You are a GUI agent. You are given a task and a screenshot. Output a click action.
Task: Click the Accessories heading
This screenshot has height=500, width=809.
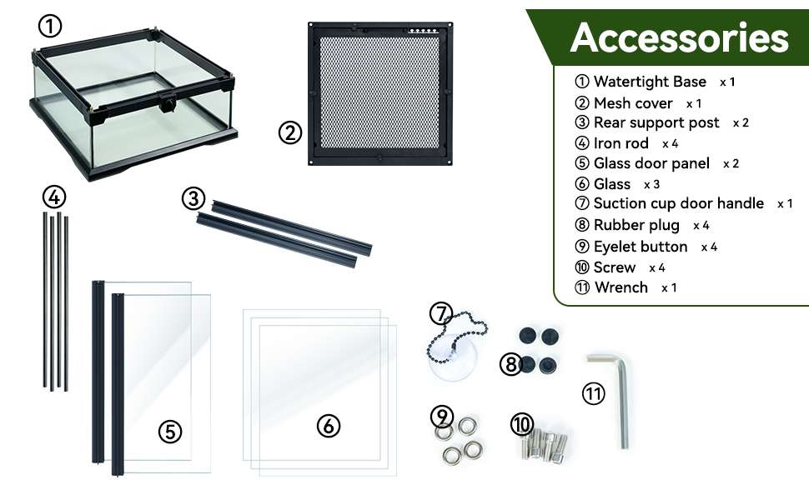coord(680,37)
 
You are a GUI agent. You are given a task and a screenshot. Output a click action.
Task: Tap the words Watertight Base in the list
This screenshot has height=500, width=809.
coord(650,82)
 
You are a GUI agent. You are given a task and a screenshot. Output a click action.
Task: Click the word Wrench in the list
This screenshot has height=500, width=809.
coord(621,287)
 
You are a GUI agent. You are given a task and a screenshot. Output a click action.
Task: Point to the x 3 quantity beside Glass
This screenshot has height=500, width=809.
coord(651,184)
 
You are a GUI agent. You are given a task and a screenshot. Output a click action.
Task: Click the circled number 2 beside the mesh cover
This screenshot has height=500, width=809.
coord(290,132)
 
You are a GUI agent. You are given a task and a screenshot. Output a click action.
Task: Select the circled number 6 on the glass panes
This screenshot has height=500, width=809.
coord(328,426)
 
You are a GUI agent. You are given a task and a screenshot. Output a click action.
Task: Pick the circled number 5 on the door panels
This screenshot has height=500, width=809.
coord(170,431)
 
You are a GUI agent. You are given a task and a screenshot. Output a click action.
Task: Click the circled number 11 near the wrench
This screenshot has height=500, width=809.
coord(593,394)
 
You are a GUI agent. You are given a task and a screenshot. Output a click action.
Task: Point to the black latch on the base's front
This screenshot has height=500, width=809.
coord(167,103)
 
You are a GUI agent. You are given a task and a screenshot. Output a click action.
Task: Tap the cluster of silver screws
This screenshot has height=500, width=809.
coord(546,443)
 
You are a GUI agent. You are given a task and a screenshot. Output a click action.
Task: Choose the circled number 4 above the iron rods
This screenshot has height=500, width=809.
coord(54,197)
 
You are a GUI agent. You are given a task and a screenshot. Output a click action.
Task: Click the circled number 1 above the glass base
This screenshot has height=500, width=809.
coord(50,25)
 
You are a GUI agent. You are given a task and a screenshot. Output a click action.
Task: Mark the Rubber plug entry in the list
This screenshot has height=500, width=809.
coord(636,225)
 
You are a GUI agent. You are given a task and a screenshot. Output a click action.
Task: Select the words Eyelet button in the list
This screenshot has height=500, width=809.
coord(641,247)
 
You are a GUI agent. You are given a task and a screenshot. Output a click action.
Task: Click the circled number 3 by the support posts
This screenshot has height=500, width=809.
coord(193,198)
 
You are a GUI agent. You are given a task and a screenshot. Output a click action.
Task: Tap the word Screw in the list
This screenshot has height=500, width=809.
coord(614,267)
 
